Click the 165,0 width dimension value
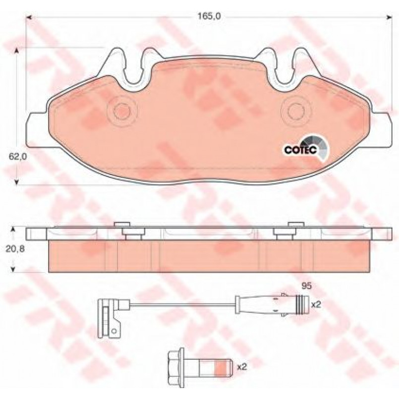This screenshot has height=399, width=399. click(209, 16)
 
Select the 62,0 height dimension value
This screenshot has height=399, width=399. click(17, 157)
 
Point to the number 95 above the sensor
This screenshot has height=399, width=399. click(306, 286)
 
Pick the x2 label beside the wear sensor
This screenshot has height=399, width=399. click(316, 304)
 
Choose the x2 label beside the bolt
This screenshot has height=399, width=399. click(242, 367)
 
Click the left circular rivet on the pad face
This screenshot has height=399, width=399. click(122, 111)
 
